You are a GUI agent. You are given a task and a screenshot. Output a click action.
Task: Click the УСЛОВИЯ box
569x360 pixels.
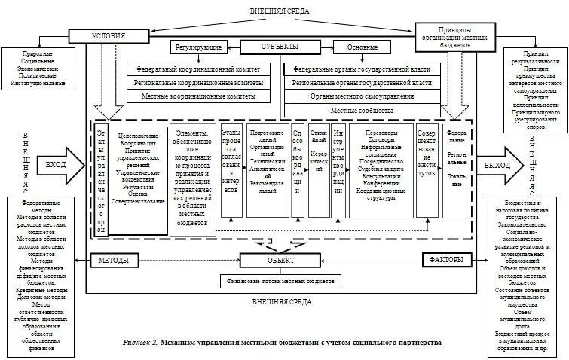(x=108, y=35)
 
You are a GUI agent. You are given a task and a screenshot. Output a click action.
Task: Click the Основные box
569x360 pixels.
(x=363, y=47)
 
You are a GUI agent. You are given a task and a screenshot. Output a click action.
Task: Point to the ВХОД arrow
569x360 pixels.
(x=60, y=163)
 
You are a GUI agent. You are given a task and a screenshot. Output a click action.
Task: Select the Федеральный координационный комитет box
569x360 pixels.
(x=197, y=68)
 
